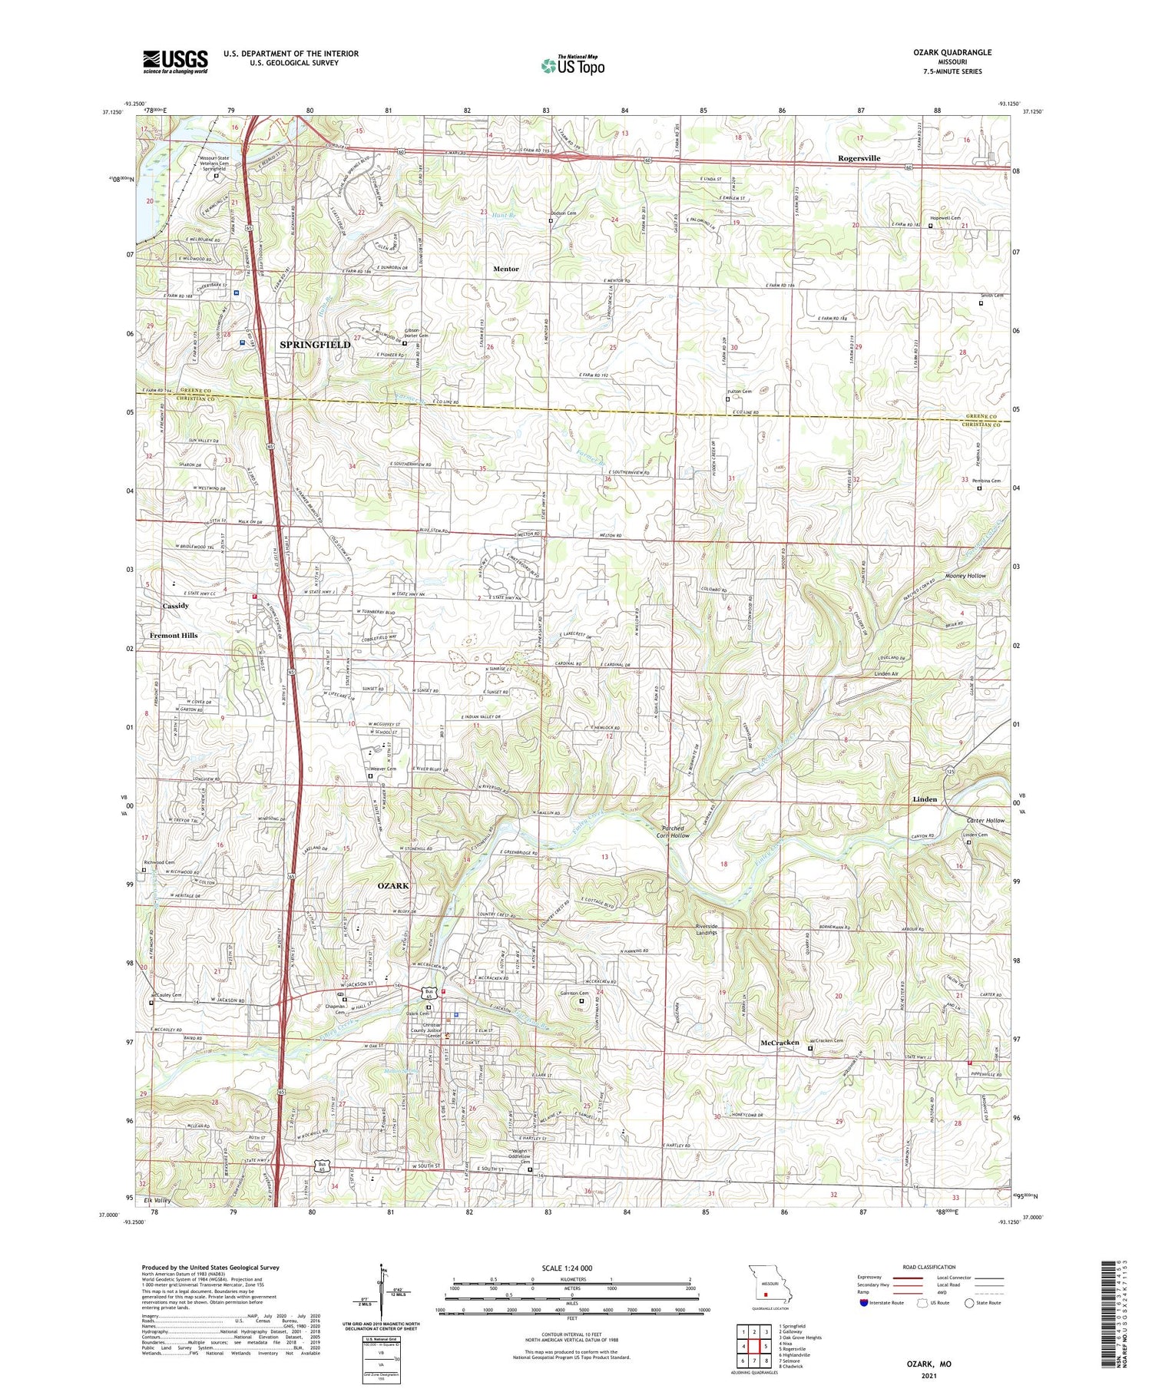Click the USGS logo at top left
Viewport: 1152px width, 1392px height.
(175, 61)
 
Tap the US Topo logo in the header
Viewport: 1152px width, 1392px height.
(573, 66)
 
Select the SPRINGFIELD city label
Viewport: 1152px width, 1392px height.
(314, 345)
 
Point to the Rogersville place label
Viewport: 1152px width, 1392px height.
(859, 158)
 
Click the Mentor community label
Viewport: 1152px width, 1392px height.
(505, 269)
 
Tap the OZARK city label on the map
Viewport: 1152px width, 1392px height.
(393, 885)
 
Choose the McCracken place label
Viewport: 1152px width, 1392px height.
(780, 1043)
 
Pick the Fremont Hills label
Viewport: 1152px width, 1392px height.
(174, 635)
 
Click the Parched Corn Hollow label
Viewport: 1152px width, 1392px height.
(676, 832)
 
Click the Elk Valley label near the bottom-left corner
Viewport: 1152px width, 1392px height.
(156, 1199)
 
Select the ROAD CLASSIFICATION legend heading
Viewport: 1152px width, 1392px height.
(929, 1267)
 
